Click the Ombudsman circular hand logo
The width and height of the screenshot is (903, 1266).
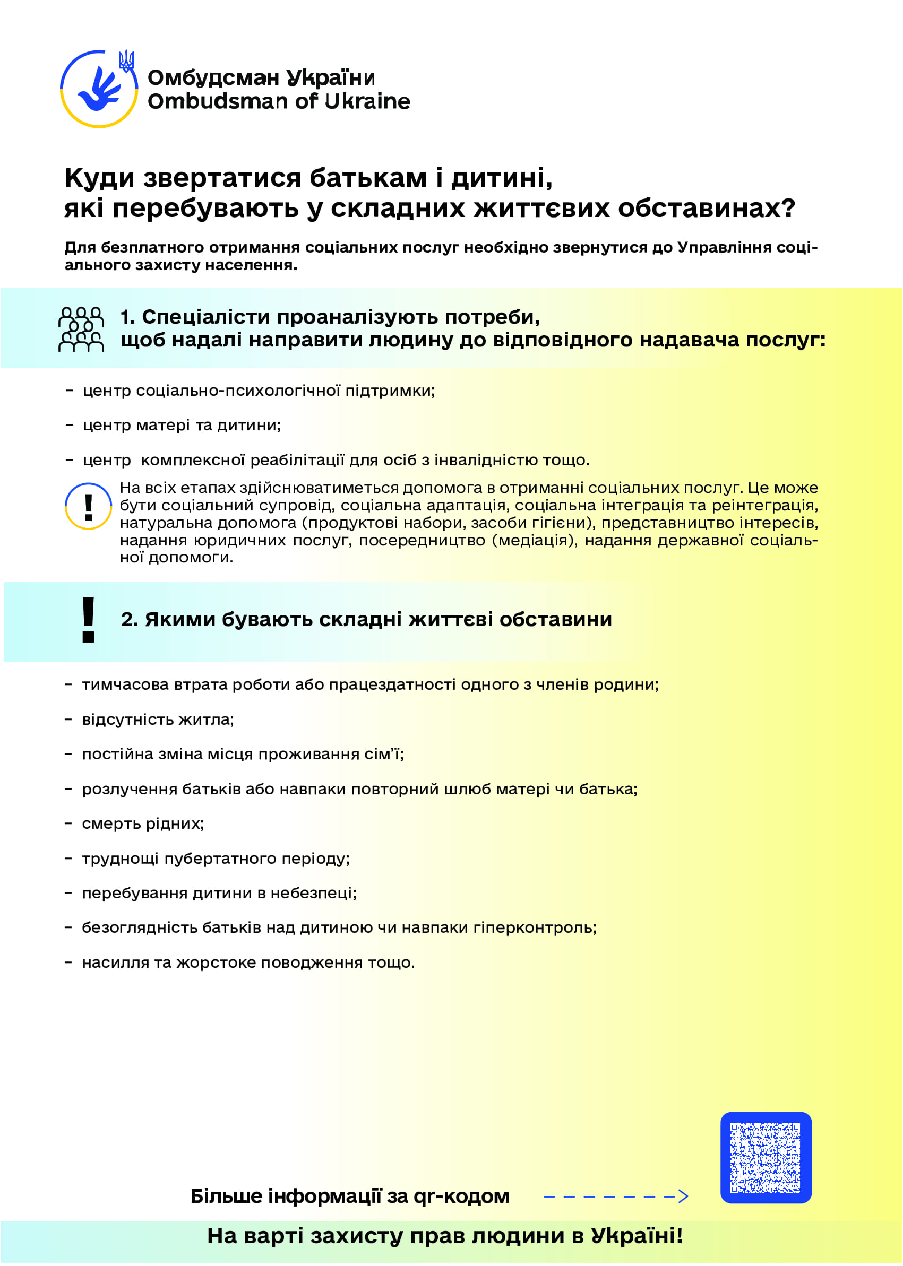98,90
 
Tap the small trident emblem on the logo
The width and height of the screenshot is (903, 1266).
126,60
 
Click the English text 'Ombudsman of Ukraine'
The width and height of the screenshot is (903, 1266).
279,102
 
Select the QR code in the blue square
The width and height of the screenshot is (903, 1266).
765,1157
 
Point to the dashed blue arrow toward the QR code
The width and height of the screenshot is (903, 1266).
615,1196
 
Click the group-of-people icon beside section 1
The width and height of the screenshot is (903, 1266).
81,329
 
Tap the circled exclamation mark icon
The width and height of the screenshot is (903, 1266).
89,506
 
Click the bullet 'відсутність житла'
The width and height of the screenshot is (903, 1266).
158,719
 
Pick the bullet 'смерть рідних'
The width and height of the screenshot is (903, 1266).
143,823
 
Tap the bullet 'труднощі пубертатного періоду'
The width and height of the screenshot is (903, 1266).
216,859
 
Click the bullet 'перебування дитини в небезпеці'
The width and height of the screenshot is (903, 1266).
219,893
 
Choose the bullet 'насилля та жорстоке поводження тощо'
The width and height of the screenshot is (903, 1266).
248,962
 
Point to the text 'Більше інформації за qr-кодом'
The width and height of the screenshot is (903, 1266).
350,1196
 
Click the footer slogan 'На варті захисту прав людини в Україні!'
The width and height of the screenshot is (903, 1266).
445,1235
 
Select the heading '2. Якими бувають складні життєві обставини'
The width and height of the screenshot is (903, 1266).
366,620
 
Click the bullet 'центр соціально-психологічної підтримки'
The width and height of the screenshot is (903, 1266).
259,391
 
